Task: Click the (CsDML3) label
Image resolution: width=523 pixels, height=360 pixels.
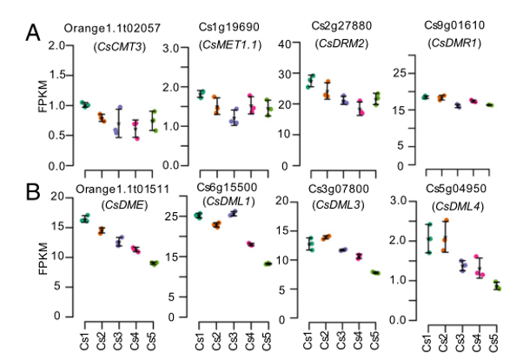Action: (335, 204)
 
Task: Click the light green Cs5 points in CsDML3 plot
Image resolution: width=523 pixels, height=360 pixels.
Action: (374, 272)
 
